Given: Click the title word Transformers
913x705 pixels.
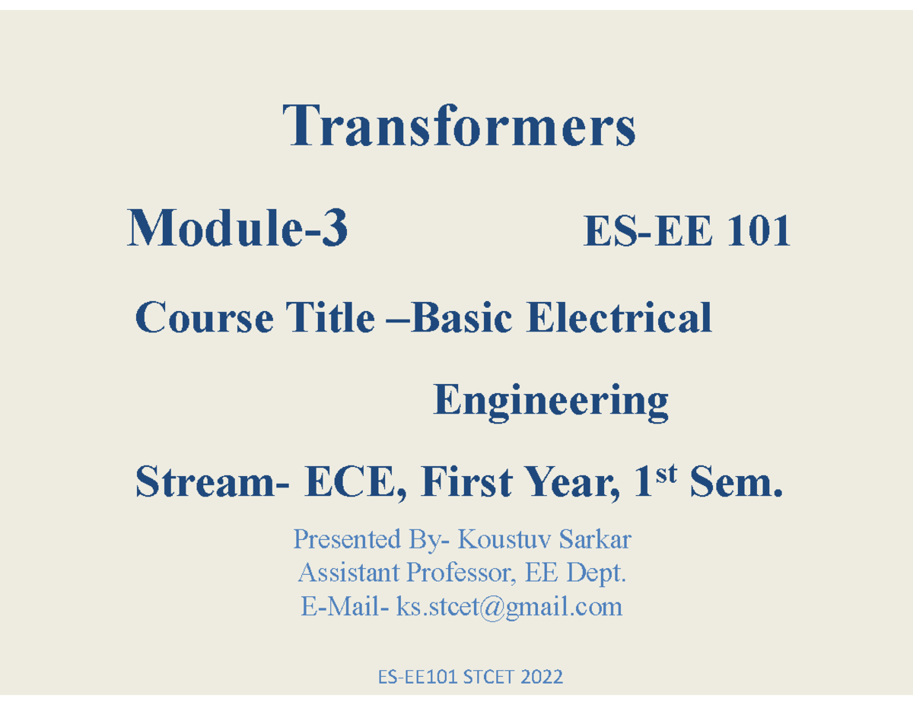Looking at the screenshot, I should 460,127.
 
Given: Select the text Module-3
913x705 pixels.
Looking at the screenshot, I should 238,229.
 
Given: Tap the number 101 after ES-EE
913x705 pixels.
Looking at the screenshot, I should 757,230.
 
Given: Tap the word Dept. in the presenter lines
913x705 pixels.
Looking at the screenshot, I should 600,573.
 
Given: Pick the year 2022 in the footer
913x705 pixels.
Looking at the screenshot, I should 542,676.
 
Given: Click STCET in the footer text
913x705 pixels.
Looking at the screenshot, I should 488,676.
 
